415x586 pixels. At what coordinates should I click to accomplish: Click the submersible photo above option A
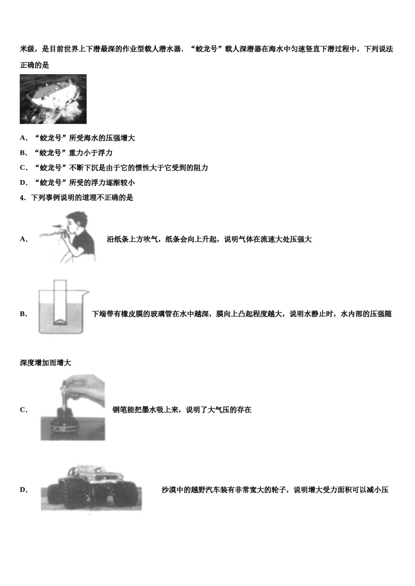coord(53,99)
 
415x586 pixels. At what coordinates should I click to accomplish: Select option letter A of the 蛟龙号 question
coord(23,138)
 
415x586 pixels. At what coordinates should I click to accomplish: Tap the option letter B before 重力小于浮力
coord(23,153)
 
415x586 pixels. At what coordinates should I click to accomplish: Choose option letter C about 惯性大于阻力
coord(23,168)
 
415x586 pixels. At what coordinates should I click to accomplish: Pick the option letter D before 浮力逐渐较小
coord(23,183)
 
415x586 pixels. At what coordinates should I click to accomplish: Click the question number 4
coord(22,198)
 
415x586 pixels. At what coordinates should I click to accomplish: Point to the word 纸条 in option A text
coord(121,239)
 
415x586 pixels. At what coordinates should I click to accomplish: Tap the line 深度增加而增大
coord(45,363)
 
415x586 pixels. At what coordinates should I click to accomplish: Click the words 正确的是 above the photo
coord(35,65)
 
